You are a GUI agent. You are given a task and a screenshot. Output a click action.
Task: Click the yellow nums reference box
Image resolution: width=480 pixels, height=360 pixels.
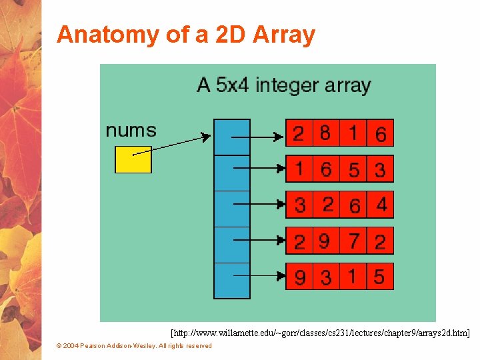point(133,159)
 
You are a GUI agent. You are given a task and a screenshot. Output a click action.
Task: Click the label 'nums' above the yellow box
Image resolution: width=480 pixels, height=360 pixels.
point(131,130)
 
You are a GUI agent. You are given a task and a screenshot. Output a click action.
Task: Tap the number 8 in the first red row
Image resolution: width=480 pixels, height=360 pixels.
point(325,133)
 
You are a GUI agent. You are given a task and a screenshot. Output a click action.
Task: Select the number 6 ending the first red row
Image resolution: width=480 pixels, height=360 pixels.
point(380,134)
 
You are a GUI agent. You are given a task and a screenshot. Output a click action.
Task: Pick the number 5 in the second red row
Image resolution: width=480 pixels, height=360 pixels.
point(354,170)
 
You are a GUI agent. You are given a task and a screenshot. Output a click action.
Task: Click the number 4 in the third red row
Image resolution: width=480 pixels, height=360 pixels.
point(381,204)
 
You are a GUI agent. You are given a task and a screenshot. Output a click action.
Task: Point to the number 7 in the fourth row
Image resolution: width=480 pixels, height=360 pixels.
point(354,240)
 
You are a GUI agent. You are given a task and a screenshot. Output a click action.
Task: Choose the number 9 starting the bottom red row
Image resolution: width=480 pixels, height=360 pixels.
point(300,277)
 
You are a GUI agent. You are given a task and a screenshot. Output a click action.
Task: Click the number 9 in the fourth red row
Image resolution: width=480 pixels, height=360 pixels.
point(325,240)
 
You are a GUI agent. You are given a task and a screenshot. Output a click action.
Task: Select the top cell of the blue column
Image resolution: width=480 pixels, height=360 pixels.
point(231,137)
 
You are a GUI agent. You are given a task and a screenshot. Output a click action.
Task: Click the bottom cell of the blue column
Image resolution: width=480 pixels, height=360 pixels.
point(231,281)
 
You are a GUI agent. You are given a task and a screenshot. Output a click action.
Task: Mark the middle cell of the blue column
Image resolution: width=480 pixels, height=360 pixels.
point(231,209)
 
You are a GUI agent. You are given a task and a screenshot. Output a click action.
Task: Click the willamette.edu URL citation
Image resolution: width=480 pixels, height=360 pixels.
point(320,332)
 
